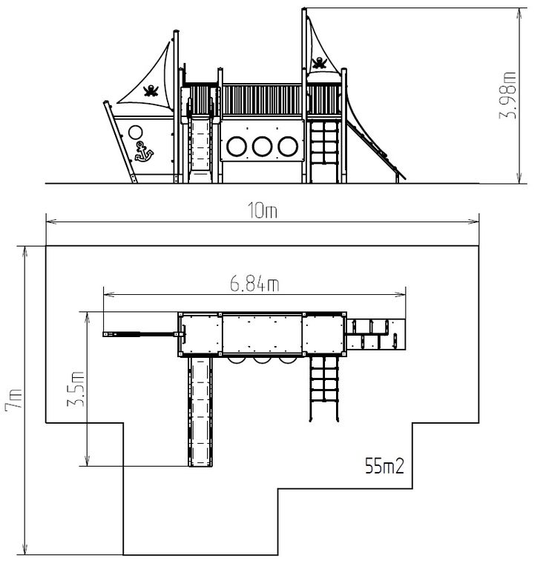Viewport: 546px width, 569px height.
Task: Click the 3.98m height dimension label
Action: tap(507, 96)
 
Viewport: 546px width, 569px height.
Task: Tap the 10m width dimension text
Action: tap(263, 211)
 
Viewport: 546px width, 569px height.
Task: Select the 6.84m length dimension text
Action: tap(254, 284)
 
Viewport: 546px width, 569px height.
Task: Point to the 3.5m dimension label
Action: tap(76, 389)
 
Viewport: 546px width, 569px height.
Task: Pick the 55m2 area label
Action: tap(384, 466)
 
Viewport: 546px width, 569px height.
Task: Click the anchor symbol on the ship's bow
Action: tap(144, 152)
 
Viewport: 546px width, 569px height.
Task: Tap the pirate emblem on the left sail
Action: tap(151, 90)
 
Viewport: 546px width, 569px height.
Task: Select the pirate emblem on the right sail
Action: tap(319, 63)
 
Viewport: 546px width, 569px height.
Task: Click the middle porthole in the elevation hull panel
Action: tap(263, 146)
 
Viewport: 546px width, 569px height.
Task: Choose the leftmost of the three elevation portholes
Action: tap(237, 146)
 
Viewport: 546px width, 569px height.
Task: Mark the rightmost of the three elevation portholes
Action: tap(288, 146)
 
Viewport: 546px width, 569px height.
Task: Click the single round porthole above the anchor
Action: tap(135, 132)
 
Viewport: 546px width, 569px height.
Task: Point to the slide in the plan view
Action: tap(200, 411)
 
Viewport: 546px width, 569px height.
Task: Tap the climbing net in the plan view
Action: tap(324, 388)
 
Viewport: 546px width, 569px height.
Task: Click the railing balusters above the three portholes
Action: tap(262, 100)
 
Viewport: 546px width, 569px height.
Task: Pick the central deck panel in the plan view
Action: tap(263, 334)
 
